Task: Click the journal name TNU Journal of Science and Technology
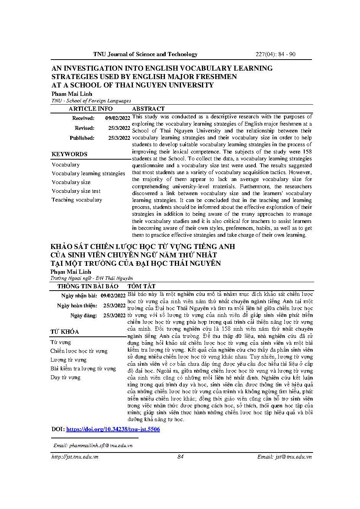point(145,54)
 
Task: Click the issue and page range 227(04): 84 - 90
point(275,54)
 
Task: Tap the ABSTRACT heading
point(148,109)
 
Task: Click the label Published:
point(82,138)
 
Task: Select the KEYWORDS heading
point(69,154)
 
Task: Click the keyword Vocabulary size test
point(76,191)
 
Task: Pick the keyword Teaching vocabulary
point(77,200)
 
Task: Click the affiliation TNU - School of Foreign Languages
point(91,101)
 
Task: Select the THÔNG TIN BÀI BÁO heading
point(88,286)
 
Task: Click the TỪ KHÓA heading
point(65,331)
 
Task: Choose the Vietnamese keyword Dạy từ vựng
point(65,377)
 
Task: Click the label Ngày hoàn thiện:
point(77,306)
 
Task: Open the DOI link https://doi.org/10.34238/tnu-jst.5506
point(113,429)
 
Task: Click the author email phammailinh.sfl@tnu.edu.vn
point(93,445)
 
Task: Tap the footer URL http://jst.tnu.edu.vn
point(75,457)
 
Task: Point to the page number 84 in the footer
point(181,457)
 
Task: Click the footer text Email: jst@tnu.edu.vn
point(284,457)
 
